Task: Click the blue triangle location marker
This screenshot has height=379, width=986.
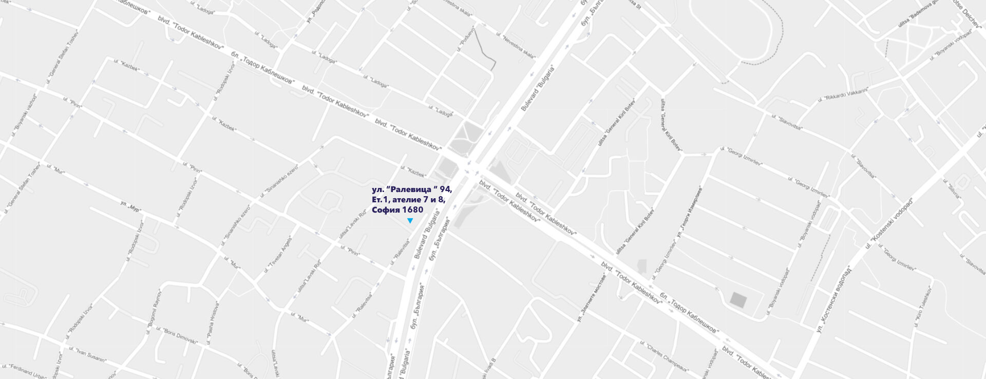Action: click(x=410, y=221)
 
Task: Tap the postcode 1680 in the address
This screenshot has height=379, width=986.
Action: click(x=413, y=210)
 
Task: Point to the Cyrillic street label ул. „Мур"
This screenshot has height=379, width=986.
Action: click(x=130, y=206)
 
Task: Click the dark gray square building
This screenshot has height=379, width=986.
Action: click(x=738, y=300)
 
